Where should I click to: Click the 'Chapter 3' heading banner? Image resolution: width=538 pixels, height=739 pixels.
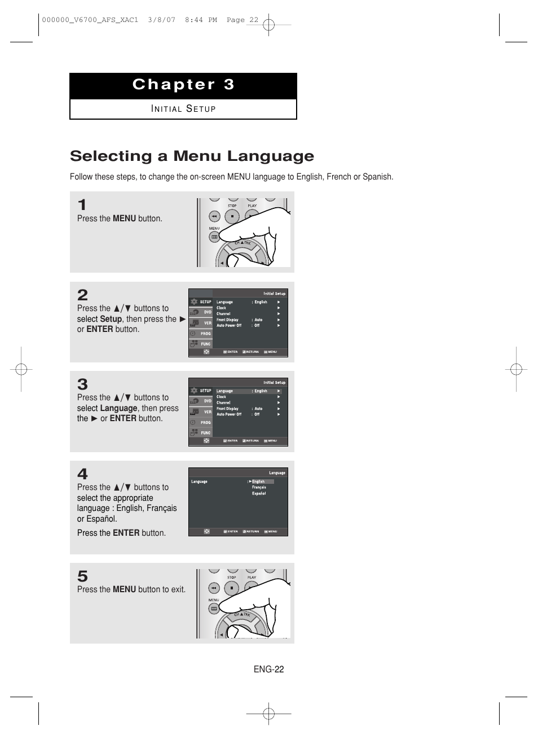pos(183,85)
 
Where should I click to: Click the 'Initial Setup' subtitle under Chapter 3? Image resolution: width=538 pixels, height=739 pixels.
pos(183,109)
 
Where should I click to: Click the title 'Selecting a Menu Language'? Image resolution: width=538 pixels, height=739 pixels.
pos(192,156)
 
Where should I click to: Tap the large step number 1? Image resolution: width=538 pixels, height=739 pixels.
pos(82,205)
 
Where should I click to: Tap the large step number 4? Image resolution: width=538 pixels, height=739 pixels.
pos(82,474)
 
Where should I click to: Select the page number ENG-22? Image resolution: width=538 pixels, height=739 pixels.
pos(268,670)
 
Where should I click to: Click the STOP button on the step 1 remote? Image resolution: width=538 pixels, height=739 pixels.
pos(232,216)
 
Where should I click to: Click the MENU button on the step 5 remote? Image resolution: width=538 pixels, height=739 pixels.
pos(214,609)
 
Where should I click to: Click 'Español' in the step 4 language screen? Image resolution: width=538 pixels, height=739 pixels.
pos(259,493)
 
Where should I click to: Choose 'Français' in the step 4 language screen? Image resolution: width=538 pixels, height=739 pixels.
pos(259,487)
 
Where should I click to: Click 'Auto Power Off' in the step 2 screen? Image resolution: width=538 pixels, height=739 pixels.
pos(229,326)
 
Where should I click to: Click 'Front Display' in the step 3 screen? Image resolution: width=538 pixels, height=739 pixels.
pos(227,409)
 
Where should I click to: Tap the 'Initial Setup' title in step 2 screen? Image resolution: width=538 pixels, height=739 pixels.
pos(274,294)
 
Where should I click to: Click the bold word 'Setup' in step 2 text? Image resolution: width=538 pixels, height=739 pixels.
pos(111,319)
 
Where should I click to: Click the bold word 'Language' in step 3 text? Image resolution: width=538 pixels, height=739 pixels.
pos(119,408)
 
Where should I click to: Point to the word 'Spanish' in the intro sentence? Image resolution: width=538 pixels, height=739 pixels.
pos(377,177)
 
